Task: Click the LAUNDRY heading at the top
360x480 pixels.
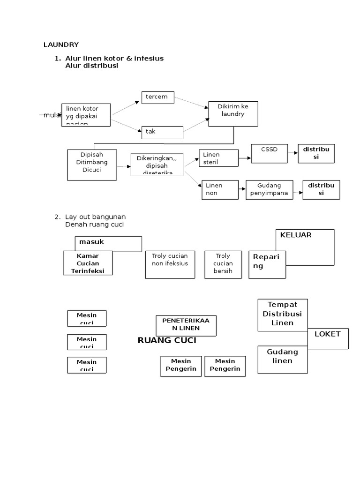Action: [x=61, y=45]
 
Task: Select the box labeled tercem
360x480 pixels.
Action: [x=158, y=97]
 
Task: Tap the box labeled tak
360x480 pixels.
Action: [x=162, y=132]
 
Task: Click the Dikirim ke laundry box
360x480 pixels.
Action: [x=233, y=114]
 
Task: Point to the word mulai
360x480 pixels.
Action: [x=52, y=115]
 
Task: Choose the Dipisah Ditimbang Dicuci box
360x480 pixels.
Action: [x=92, y=165]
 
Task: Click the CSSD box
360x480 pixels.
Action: [x=270, y=153]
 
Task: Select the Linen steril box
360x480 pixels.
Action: [x=218, y=158]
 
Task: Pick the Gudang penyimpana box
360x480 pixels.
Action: [x=269, y=189]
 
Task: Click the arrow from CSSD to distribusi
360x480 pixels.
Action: [x=293, y=152]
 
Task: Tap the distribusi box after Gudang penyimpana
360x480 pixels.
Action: [x=321, y=189]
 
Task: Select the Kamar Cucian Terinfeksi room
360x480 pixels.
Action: [x=88, y=263]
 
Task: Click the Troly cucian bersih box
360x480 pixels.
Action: [x=223, y=264]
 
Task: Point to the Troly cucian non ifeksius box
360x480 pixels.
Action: [x=170, y=264]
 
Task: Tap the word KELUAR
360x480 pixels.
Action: [x=296, y=235]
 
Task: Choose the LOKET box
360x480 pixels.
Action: [x=328, y=338]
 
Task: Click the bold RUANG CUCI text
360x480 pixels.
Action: [x=167, y=340]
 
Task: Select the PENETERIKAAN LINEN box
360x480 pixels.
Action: [x=186, y=325]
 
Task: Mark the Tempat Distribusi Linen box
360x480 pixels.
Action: [x=283, y=315]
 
